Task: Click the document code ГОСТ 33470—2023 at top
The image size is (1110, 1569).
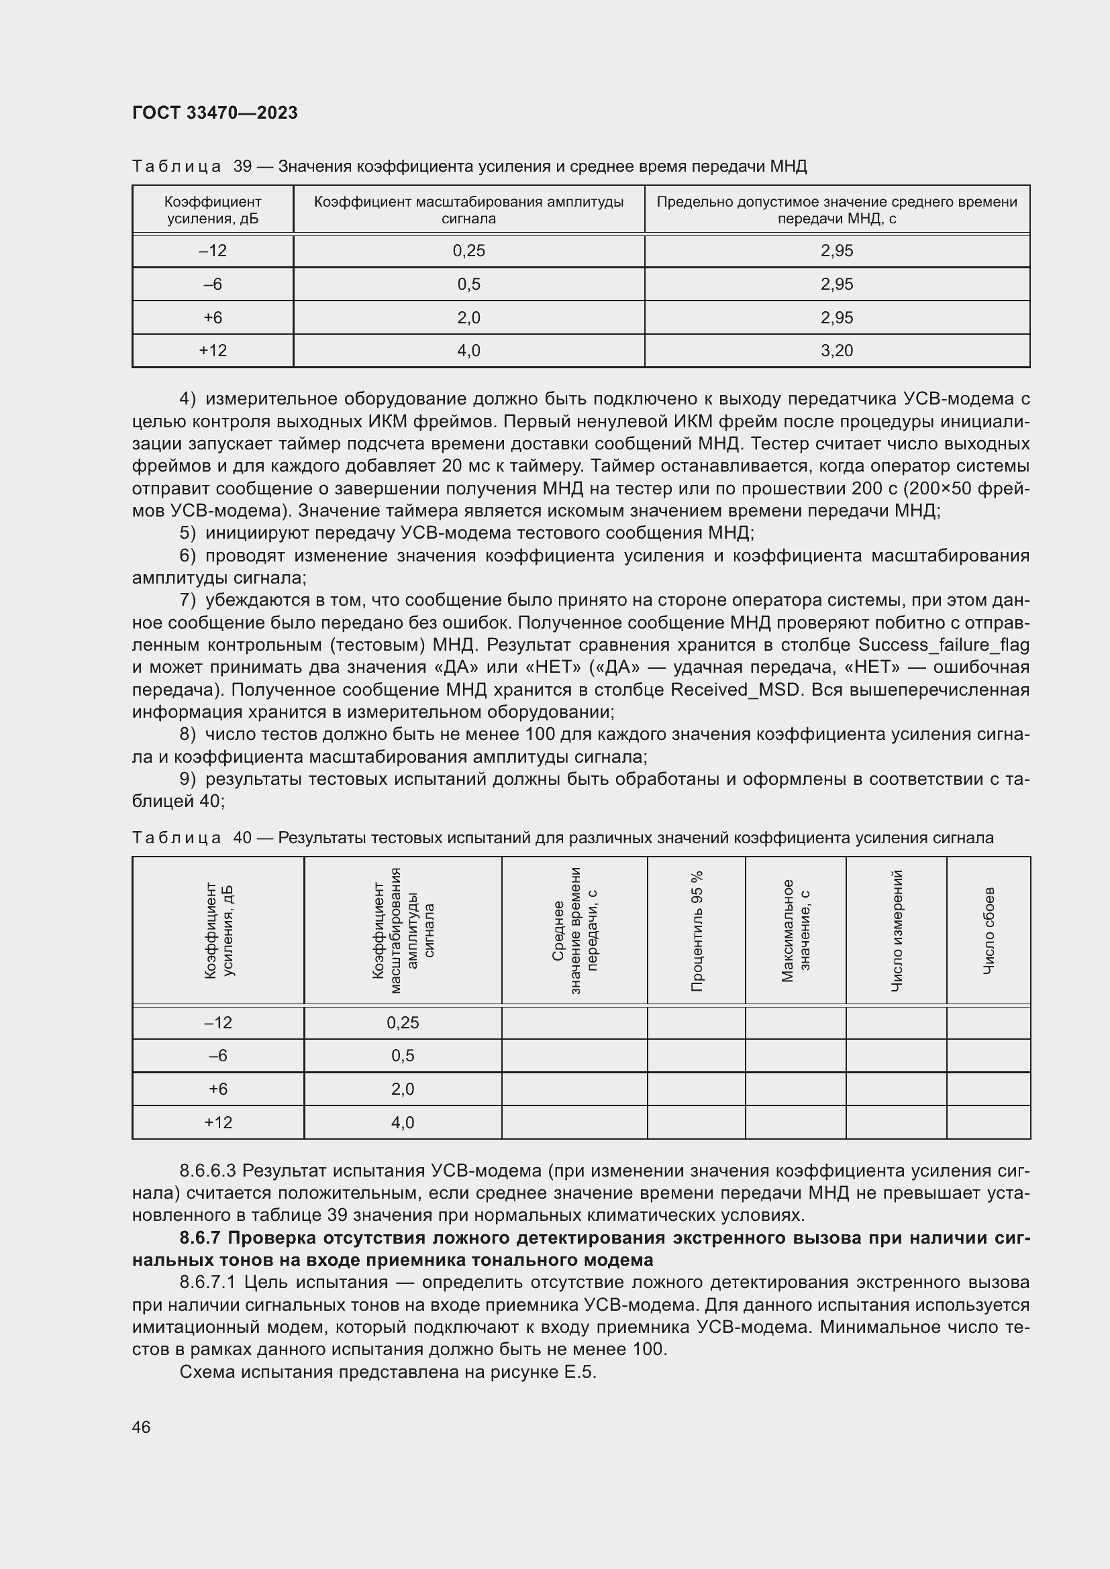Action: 215,113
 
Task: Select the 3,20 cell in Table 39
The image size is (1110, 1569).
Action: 837,351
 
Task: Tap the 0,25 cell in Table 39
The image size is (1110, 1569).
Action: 469,251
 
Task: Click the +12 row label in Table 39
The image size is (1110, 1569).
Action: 213,351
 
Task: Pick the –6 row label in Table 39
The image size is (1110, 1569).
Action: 213,284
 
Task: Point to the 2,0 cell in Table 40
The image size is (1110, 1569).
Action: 403,1089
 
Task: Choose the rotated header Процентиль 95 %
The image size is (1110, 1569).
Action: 697,931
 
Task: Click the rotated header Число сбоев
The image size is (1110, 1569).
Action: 989,931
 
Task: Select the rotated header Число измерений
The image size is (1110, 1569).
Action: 897,931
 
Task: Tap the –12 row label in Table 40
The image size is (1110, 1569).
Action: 218,1022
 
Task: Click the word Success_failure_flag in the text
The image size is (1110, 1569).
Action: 943,645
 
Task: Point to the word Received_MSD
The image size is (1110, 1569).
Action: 735,690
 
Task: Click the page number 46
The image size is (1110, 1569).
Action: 142,1427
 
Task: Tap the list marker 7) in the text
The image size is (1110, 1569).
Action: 188,600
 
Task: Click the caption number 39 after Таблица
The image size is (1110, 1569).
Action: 243,166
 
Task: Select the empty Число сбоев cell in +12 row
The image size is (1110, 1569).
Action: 989,1123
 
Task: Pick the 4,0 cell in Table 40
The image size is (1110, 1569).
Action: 403,1123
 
